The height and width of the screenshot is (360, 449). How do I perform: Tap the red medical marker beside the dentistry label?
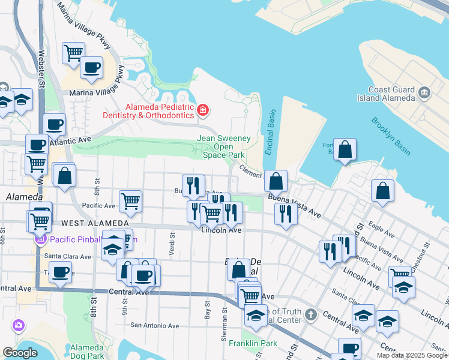[x=203, y=110]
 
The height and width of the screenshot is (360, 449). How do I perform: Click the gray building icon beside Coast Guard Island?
[x=425, y=92]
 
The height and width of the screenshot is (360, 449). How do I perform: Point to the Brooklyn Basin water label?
[x=390, y=136]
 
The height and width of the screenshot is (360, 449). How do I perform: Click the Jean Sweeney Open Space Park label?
[x=224, y=146]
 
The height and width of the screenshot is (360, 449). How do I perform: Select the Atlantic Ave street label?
[x=70, y=139]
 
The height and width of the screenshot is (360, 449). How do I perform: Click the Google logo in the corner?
[x=20, y=353]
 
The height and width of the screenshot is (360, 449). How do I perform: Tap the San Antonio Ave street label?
[x=155, y=326]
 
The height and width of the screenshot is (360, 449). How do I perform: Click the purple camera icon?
[x=19, y=325]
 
